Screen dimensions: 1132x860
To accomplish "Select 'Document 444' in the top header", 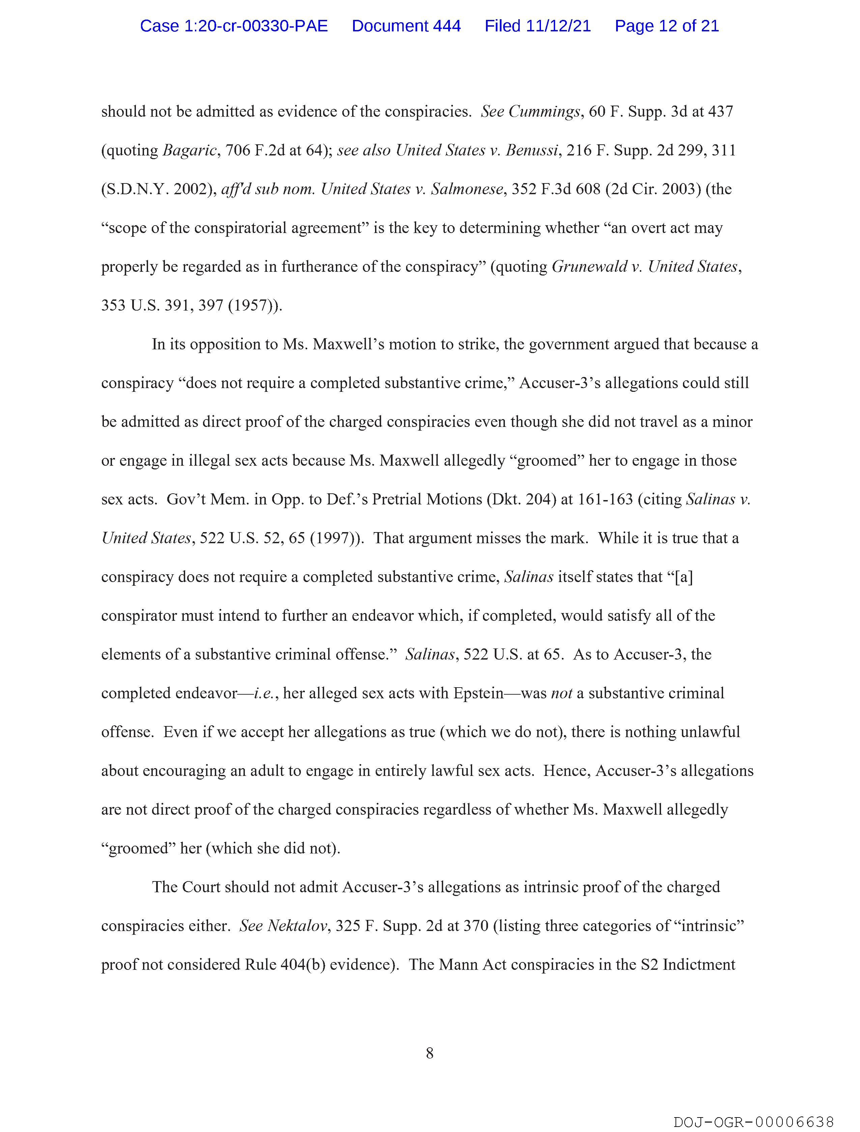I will (406, 26).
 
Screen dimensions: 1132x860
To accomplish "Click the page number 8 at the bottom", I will (429, 1053).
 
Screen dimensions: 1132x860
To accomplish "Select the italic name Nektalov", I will (297, 926).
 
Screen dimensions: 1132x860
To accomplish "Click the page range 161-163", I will (605, 499).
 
